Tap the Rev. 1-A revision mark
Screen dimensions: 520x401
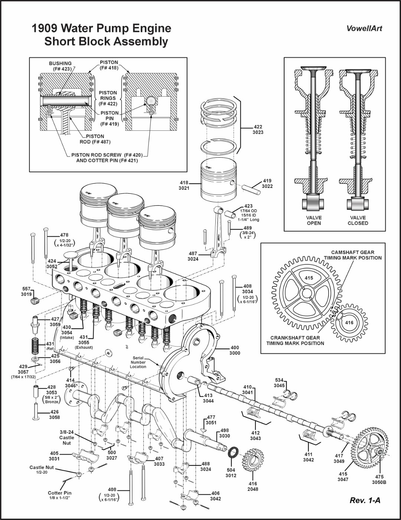(x=365, y=500)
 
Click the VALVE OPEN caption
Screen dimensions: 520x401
(x=314, y=220)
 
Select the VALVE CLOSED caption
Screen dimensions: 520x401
(x=358, y=220)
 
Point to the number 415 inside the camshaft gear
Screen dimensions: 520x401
(x=309, y=278)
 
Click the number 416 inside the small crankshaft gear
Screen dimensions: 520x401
(x=349, y=323)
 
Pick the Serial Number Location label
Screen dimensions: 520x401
(x=138, y=363)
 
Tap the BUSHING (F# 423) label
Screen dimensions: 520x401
(x=60, y=66)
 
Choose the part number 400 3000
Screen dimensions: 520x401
(x=235, y=350)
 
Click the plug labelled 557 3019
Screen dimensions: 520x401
(x=35, y=300)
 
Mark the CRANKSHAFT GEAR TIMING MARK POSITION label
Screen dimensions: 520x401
(x=295, y=341)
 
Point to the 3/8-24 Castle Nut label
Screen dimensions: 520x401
(x=66, y=438)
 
